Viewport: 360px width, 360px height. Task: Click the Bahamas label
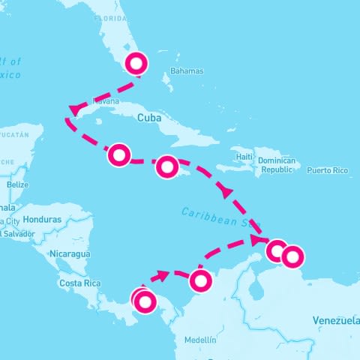187,71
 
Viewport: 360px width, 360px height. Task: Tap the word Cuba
149,118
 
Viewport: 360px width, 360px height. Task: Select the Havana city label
106,100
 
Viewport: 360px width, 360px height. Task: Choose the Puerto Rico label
328,170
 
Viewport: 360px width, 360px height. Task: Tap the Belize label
17,184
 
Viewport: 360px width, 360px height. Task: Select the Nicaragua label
69,253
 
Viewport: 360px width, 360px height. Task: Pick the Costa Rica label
80,283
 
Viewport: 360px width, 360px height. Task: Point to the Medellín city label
199,340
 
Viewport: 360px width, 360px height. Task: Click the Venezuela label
335,321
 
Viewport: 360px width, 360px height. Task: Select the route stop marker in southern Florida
136,64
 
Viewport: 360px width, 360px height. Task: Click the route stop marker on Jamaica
167,166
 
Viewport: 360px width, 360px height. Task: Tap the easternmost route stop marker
292,256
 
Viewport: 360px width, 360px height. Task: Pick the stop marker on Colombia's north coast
199,280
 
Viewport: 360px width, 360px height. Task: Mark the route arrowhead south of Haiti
226,193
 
